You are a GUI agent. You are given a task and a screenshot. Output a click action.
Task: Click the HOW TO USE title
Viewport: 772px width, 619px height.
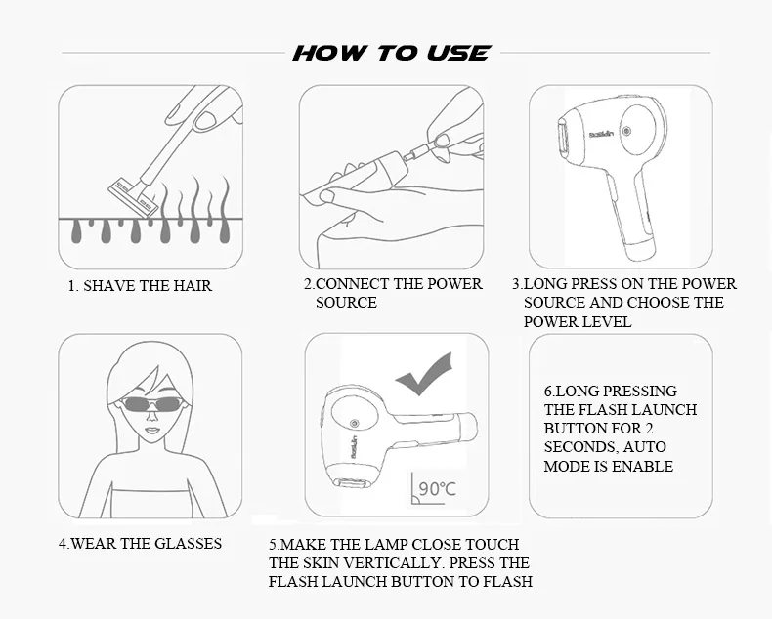pos(392,53)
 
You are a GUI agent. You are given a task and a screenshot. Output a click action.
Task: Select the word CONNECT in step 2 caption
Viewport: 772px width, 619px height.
pos(352,284)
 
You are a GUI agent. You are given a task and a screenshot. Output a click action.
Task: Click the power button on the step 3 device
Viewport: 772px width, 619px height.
pos(626,131)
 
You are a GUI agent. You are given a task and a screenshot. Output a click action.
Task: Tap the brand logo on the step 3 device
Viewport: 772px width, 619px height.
pos(602,134)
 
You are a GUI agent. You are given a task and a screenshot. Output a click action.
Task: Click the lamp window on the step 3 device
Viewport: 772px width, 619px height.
pos(564,142)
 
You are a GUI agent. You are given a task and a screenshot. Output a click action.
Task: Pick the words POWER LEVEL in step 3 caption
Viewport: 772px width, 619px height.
pos(577,322)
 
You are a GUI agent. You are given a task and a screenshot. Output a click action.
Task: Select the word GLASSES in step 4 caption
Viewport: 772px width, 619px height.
pos(188,544)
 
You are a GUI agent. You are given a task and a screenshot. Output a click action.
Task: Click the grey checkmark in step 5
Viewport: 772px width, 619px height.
pos(424,375)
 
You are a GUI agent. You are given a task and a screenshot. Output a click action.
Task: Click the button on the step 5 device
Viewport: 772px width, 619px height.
pos(354,423)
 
